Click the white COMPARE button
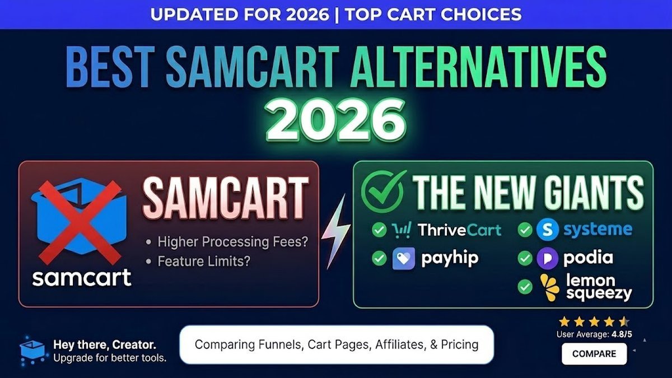click(594, 354)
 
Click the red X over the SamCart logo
click(80, 223)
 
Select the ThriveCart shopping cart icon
click(402, 230)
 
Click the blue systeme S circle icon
click(548, 230)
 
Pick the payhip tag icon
click(404, 258)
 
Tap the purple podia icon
click(548, 258)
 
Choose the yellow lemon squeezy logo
click(550, 287)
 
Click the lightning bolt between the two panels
click(336, 231)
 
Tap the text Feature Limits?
click(204, 261)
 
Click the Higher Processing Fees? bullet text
click(233, 242)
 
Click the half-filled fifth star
click(624, 322)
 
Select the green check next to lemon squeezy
click(525, 287)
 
